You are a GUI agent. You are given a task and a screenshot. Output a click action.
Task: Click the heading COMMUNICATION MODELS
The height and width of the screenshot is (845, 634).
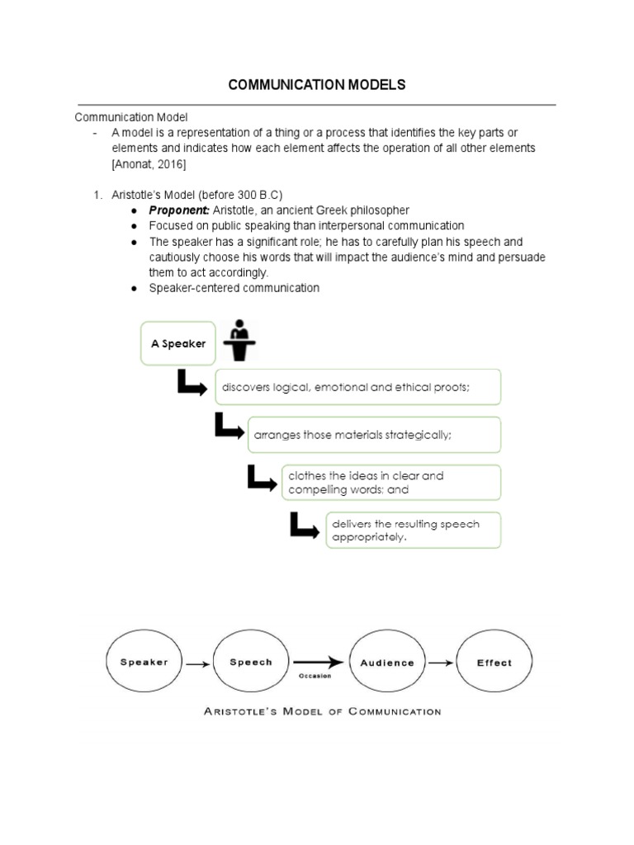coord(317,85)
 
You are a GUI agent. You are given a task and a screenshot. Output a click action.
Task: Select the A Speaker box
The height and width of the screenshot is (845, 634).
coord(177,342)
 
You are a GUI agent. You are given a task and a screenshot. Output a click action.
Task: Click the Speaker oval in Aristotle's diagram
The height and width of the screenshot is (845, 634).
coord(144,662)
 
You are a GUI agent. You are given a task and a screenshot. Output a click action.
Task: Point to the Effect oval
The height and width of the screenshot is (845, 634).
coord(494,662)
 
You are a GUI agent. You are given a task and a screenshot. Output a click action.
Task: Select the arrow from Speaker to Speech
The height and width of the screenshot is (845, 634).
coord(197,663)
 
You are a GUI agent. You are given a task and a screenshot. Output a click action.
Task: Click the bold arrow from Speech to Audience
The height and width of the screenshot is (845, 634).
coord(317,662)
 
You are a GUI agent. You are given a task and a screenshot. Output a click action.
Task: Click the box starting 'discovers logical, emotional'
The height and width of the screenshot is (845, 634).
coord(357,387)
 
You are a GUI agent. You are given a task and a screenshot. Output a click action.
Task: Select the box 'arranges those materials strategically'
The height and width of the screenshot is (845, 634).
coord(374,435)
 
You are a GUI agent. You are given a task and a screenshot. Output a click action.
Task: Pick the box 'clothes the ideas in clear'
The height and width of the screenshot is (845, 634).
coord(390,483)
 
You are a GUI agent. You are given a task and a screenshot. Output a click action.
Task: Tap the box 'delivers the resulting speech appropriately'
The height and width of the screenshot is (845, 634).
coord(414,531)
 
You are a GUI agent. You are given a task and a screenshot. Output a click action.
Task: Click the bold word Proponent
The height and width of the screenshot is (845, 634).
coord(179,210)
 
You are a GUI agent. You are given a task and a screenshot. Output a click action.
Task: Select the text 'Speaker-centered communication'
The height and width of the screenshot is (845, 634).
coord(234,288)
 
